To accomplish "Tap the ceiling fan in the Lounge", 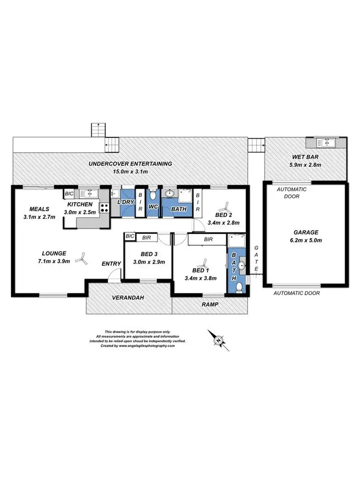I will click(x=83, y=259).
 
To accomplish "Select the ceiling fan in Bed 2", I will click(x=223, y=208).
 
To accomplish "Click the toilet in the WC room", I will click(x=153, y=195).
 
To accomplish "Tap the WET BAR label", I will click(x=305, y=156).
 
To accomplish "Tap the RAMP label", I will click(x=209, y=304).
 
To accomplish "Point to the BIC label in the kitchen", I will click(x=70, y=193).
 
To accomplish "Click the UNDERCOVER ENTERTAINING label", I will click(x=130, y=164).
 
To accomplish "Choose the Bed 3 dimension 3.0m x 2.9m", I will click(x=150, y=262).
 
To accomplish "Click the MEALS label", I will click(x=39, y=209).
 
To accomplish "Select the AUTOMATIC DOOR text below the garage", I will click(x=296, y=292).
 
